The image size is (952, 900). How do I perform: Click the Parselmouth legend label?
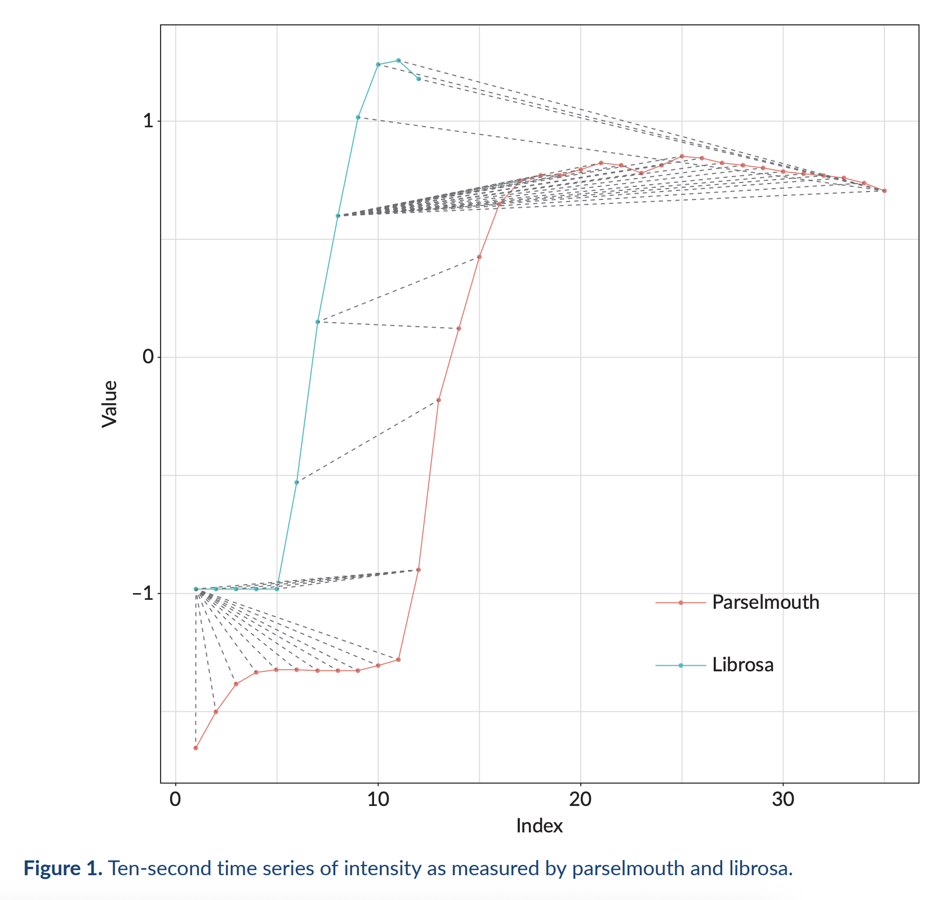coord(765,603)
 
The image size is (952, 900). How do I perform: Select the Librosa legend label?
coord(742,665)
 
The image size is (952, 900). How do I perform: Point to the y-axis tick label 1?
coord(148,121)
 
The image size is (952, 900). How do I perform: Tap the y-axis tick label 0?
coord(148,357)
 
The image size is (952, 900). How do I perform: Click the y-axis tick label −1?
coord(143,594)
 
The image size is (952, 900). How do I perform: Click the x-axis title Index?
coord(539,826)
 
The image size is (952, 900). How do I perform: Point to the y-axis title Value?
coord(109,404)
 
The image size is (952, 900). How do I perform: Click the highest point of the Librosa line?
coord(398,60)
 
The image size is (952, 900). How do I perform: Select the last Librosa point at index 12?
coord(419,79)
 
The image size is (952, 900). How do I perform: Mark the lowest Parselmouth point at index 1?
coord(195,748)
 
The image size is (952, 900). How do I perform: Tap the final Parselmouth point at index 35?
coord(884,191)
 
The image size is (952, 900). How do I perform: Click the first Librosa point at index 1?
coord(195,589)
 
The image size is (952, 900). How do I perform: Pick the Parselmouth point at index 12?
coord(419,570)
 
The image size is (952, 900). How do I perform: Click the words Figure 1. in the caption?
coord(63,868)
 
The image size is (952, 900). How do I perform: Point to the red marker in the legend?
coord(680,603)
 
